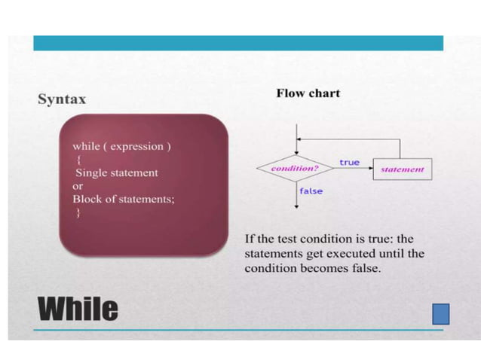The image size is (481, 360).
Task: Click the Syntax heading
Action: tap(62, 99)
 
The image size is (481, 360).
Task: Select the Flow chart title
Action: tap(308, 93)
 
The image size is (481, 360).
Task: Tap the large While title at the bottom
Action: tap(78, 309)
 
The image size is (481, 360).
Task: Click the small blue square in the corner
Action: tap(440, 313)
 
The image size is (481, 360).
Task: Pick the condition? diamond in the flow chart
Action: tap(295, 169)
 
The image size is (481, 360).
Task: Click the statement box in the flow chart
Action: tap(402, 169)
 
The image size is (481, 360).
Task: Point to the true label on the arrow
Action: tap(349, 162)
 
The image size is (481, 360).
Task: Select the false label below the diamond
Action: tap(311, 191)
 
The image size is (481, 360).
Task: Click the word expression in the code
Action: tap(137, 146)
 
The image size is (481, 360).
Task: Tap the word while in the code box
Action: tap(85, 146)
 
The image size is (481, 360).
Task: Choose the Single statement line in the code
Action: tap(115, 172)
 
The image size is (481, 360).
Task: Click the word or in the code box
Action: tap(78, 186)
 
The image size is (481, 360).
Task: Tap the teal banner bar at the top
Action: tap(238, 43)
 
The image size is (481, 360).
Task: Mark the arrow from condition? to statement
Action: tap(353, 169)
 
